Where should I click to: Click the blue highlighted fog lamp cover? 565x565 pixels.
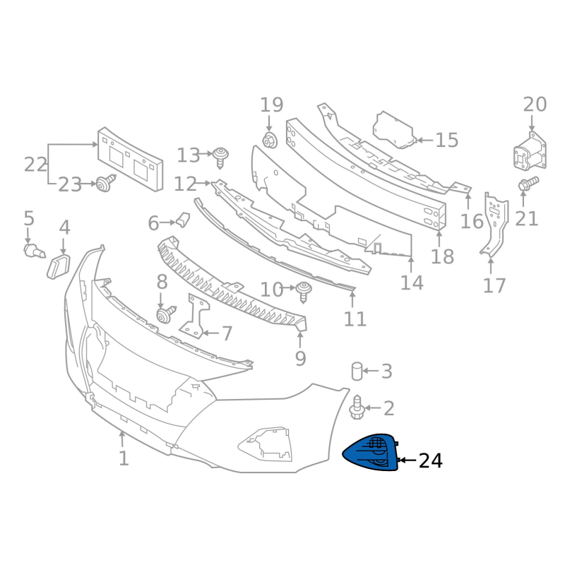coord(370,452)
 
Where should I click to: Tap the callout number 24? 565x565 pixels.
coord(430,461)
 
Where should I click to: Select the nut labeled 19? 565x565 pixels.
coord(270,140)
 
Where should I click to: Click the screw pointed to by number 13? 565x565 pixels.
coord(220,157)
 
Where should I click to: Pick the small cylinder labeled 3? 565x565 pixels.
coord(357,371)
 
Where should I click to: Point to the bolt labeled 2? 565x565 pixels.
coord(357,408)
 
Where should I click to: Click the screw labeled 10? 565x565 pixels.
coord(304,292)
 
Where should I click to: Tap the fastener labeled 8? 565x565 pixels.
coord(166,314)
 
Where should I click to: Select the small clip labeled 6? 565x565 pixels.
coord(183,220)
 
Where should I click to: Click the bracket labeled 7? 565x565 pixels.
coord(195,316)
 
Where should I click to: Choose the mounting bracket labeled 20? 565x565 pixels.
coord(530,152)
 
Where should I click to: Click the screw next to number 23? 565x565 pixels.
coord(105,183)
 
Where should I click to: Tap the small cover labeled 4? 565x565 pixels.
coord(59,266)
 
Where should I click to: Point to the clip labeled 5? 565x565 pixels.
coord(34,251)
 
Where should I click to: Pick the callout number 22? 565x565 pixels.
coord(36,165)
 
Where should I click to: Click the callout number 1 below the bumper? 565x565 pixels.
coord(124,458)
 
